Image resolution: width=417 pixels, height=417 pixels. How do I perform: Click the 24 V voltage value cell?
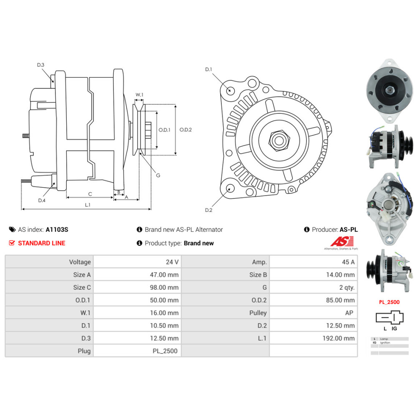[x=172, y=262]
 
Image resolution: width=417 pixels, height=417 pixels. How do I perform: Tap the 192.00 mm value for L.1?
[x=339, y=338]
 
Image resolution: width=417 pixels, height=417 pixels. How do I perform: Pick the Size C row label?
[x=82, y=287]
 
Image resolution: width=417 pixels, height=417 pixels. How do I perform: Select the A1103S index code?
[x=57, y=229]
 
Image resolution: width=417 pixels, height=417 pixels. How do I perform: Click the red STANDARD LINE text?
[x=42, y=243]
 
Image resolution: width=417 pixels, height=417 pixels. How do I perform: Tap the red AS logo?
[x=342, y=241]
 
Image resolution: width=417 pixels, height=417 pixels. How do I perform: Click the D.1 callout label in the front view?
[x=208, y=69]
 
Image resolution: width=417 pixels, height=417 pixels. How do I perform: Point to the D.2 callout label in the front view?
[x=208, y=210]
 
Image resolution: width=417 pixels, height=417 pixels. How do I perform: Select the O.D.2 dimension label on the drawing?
[x=186, y=130]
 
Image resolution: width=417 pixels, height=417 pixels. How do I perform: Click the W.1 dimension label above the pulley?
[x=139, y=95]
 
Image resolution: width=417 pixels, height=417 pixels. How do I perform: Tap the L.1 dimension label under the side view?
[x=88, y=205]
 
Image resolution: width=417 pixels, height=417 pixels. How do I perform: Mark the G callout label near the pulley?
[x=158, y=175]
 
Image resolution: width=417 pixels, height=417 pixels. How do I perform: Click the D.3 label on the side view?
[x=40, y=65]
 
